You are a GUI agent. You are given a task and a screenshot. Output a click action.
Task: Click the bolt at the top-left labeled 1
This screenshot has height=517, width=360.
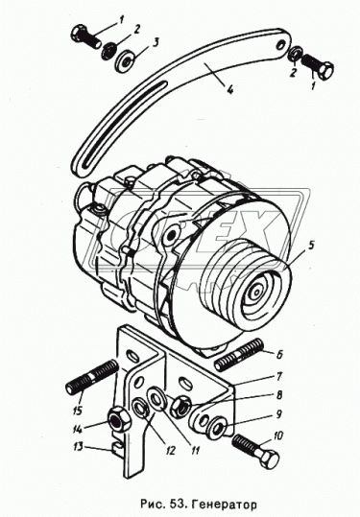tap(85, 37)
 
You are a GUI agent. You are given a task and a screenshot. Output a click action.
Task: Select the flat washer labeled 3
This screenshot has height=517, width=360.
tap(125, 61)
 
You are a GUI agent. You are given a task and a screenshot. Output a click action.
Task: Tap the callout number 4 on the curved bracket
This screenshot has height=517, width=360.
tap(229, 88)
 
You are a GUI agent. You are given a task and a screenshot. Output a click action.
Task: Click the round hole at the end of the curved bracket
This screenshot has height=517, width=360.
tap(281, 44)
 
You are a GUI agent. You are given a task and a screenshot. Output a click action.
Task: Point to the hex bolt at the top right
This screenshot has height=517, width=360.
tap(317, 66)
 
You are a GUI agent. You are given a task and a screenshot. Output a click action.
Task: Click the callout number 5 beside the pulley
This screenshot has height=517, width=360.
tap(312, 246)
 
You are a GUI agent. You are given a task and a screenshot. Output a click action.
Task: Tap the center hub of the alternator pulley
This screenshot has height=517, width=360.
tap(255, 293)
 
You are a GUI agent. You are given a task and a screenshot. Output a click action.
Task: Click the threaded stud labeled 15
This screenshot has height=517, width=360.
tap(92, 377)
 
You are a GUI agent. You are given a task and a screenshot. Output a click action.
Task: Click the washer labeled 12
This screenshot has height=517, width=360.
tap(141, 410)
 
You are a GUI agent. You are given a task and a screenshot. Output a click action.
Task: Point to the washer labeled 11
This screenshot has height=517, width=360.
tap(157, 399)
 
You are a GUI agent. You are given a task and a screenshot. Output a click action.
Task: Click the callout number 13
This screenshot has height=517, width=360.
tap(78, 447)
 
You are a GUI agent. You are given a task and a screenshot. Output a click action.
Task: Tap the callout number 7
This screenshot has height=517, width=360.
tap(278, 376)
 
